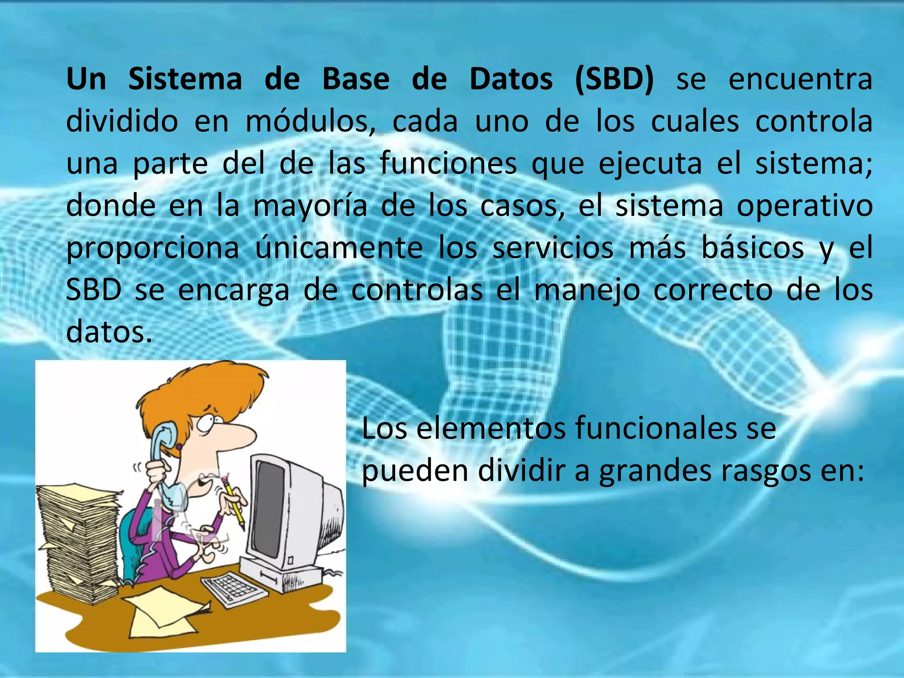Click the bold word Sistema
pyautogui.click(x=185, y=79)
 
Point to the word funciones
pyautogui.click(x=448, y=163)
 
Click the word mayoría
pyautogui.click(x=310, y=207)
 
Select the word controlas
pyautogui.click(x=417, y=290)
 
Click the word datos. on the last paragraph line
pyautogui.click(x=109, y=331)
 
